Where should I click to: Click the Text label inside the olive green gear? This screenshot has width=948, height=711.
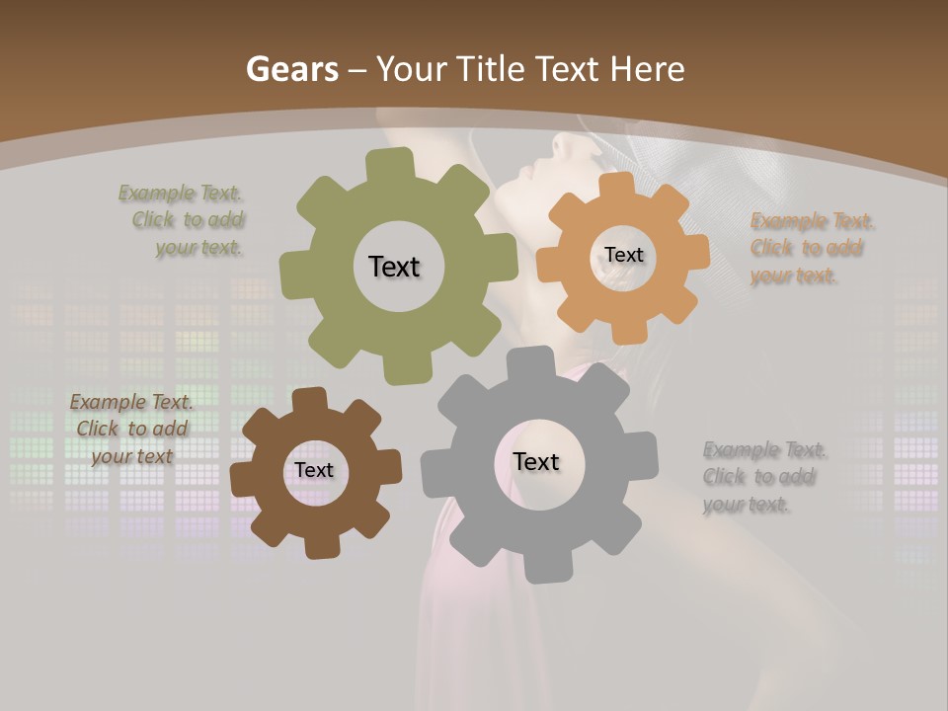click(394, 267)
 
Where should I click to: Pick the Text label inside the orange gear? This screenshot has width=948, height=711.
click(623, 255)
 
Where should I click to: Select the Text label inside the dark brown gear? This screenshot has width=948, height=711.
click(314, 470)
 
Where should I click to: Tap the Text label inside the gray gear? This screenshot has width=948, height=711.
click(536, 461)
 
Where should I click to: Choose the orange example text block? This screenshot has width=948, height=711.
click(808, 248)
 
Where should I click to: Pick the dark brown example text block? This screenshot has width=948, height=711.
click(131, 429)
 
